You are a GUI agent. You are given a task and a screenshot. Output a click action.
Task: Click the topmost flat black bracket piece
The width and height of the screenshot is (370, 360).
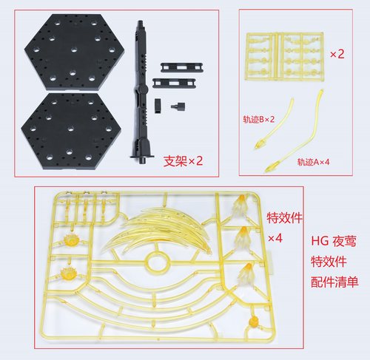(x=175, y=67)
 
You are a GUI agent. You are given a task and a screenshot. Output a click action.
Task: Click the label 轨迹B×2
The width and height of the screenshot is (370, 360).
(x=258, y=119)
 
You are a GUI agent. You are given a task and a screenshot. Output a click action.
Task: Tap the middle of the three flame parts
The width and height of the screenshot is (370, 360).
(x=243, y=238)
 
